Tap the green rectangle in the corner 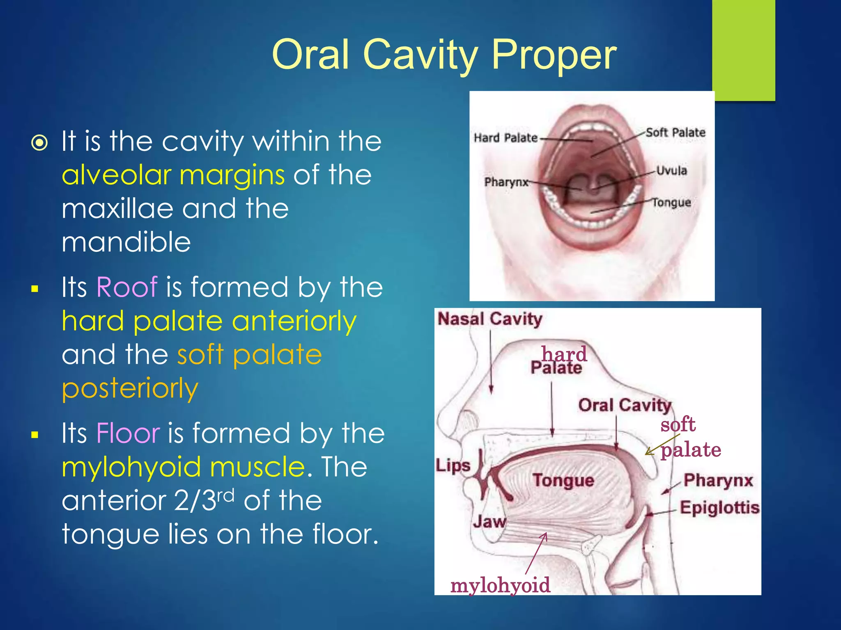coord(743,49)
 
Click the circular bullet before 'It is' coord(40,143)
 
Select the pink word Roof coord(126,287)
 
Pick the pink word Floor coord(128,433)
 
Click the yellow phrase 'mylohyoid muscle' coord(184,468)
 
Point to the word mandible coord(126,242)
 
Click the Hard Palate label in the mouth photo coord(506,138)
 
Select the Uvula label coord(671,171)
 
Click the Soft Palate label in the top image coord(676,132)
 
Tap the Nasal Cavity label coord(489,319)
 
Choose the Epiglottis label coord(719,508)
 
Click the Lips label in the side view coord(453,466)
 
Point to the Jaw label coord(489,522)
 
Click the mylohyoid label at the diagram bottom coord(500,585)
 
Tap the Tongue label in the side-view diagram coord(563,480)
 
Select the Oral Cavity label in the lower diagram coord(624,405)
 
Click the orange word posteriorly coord(130,388)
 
